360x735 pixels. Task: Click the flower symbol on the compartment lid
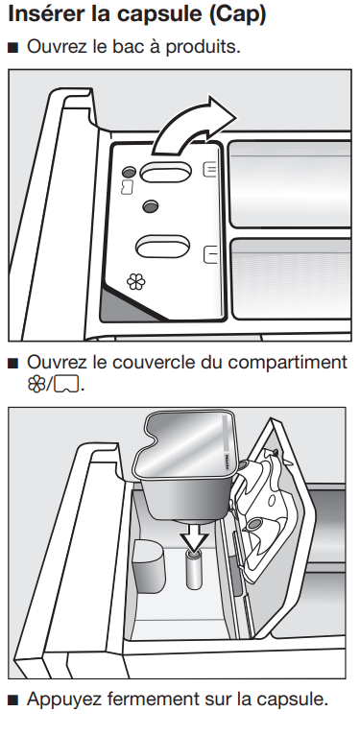[136, 282]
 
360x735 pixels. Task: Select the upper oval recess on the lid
[165, 172]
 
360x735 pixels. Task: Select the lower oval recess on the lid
[162, 246]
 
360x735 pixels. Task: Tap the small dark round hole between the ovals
[151, 205]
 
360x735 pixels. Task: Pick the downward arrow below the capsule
[194, 535]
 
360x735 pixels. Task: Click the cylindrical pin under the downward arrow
[194, 569]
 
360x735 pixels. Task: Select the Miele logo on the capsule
[228, 461]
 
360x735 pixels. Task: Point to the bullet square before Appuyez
[13, 700]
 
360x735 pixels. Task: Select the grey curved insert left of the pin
[149, 565]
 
